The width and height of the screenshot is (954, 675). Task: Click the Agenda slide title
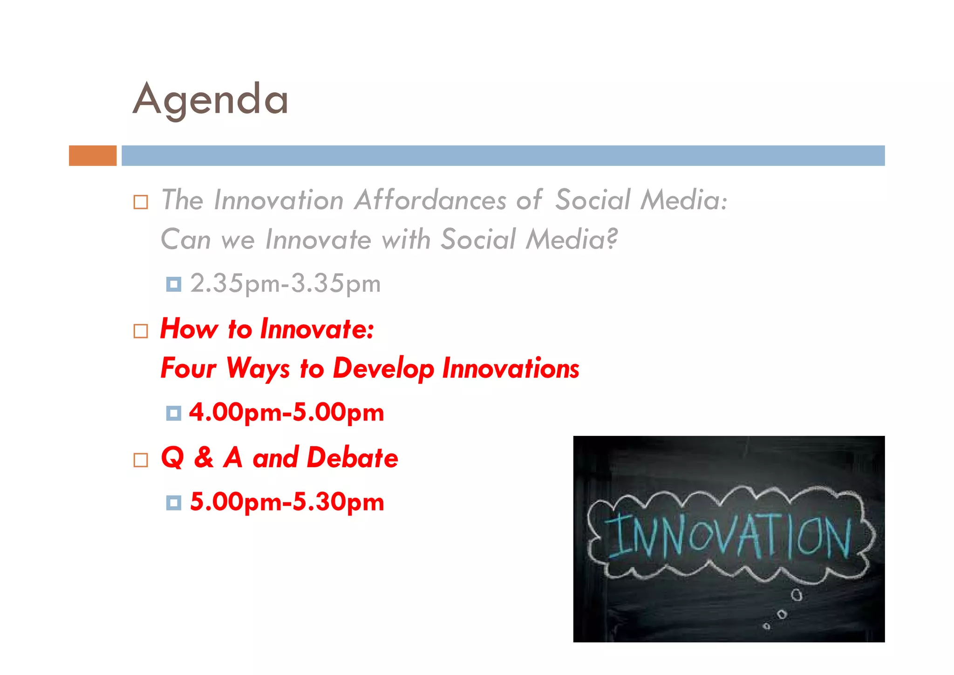point(211,99)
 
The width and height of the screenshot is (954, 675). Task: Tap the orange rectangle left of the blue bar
point(93,156)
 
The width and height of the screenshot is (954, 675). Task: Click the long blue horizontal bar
point(503,156)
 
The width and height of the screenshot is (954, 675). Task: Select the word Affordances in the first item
point(430,200)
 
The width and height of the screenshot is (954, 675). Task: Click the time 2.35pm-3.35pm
point(285,283)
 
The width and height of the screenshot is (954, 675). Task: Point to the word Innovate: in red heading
point(317,329)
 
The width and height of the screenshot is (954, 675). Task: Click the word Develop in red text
point(383,368)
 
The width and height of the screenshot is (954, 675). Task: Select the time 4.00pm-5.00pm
point(286,413)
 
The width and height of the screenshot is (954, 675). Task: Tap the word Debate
point(352,458)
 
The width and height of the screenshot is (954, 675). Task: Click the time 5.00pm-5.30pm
point(287,503)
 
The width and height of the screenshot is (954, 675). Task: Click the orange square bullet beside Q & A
point(141,460)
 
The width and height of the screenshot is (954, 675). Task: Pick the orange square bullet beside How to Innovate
point(141,331)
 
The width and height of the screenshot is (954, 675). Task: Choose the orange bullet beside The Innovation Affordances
point(141,202)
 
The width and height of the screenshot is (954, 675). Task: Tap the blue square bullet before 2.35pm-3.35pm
point(173,284)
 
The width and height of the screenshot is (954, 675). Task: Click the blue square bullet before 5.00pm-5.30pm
point(173,503)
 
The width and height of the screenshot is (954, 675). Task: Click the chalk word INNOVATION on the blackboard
point(729,536)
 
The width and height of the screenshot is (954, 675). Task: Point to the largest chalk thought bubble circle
point(797,595)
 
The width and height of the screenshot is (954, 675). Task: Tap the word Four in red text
point(188,368)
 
